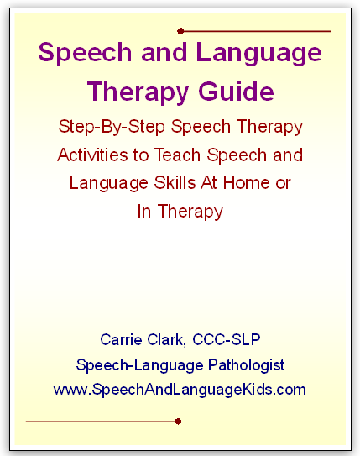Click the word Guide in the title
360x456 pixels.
(236, 91)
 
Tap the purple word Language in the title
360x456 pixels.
(259, 54)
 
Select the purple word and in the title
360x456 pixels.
(164, 52)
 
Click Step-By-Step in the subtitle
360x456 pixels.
(112, 128)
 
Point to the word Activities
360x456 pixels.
(92, 155)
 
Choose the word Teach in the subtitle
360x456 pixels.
(177, 155)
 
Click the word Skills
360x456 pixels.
(175, 182)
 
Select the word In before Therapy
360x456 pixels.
(144, 211)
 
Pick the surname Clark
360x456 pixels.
(166, 339)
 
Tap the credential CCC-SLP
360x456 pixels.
(227, 339)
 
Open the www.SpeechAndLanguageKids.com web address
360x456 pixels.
(180, 390)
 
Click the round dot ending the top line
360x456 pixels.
(180, 31)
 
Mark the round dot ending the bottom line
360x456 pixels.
(179, 422)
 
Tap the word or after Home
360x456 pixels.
(283, 183)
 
